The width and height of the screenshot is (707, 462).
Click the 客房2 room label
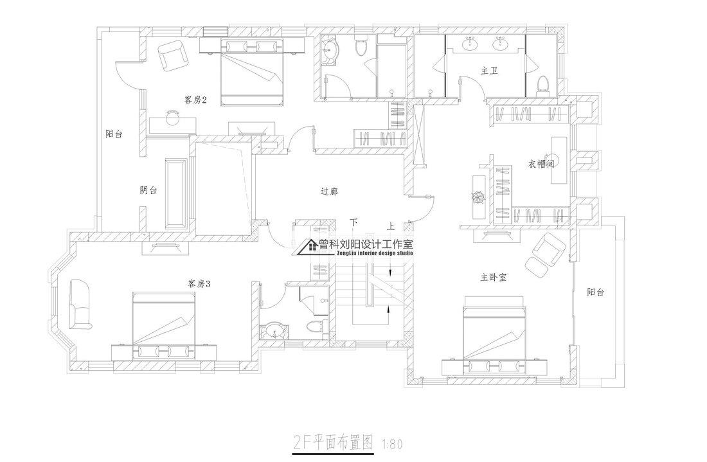coord(194,100)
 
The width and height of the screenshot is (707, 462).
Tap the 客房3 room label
coord(199,283)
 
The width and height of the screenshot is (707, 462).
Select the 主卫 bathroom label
coord(489,70)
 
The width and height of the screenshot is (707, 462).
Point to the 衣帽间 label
coord(541,164)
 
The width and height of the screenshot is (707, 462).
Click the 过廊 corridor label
coord(329,191)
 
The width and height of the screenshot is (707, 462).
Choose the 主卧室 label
coord(493,278)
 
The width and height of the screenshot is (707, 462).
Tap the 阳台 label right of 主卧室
coord(596,292)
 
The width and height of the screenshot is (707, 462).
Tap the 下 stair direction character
coord(353,223)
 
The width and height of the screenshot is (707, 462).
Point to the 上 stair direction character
coord(390,226)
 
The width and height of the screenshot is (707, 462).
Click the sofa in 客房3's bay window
coord(79,303)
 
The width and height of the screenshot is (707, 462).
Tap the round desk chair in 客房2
coord(172,117)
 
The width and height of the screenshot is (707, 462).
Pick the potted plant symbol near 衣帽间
coord(478,197)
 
